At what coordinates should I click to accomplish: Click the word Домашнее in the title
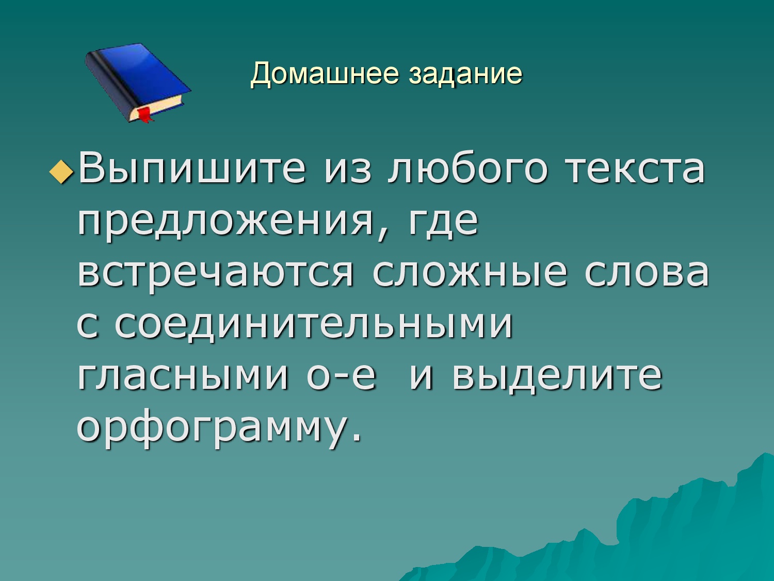(x=325, y=74)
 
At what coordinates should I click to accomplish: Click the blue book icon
(x=138, y=83)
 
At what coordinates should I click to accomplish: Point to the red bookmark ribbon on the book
(x=146, y=115)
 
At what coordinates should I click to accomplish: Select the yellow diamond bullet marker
(x=62, y=172)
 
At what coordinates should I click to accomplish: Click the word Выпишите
(x=192, y=168)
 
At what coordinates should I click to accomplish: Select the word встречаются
(x=215, y=275)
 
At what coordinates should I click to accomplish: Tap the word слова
(x=647, y=273)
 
